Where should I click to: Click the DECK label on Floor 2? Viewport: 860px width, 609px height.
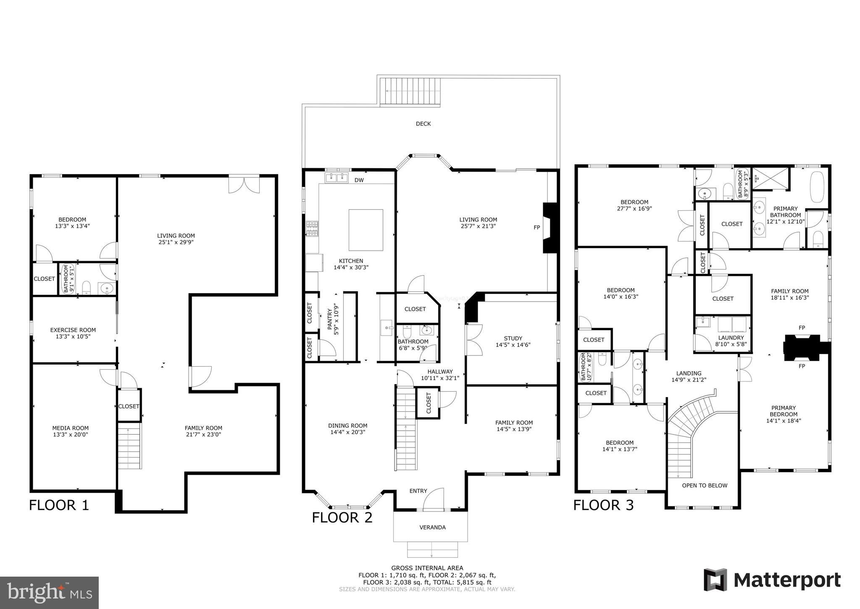tap(423, 124)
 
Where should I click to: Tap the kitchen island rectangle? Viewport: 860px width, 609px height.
tap(366, 230)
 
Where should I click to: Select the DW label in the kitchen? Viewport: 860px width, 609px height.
tap(359, 180)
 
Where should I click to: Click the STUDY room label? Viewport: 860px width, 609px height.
tap(513, 338)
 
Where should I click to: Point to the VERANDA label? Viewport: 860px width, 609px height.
tap(432, 527)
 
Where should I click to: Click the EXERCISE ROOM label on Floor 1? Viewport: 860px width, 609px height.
tap(73, 330)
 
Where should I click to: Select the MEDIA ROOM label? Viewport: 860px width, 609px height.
tap(70, 428)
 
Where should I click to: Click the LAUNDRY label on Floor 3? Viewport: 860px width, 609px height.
tap(731, 338)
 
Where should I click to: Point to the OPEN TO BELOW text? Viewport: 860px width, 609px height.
tap(705, 485)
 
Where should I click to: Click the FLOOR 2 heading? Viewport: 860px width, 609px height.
tap(342, 518)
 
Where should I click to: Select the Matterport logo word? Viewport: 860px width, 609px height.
tap(787, 580)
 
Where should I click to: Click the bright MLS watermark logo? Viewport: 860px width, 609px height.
tap(49, 593)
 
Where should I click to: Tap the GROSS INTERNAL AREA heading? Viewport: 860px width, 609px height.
tap(427, 568)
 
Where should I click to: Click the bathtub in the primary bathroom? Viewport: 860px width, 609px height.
tap(817, 187)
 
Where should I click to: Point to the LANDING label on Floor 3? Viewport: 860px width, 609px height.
tap(689, 373)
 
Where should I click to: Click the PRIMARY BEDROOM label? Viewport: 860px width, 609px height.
tap(784, 411)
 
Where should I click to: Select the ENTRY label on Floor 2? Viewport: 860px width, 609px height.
tap(418, 491)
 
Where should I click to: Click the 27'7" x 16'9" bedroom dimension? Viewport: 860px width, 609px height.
tap(634, 208)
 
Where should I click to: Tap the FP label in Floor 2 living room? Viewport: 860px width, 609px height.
tap(537, 228)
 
